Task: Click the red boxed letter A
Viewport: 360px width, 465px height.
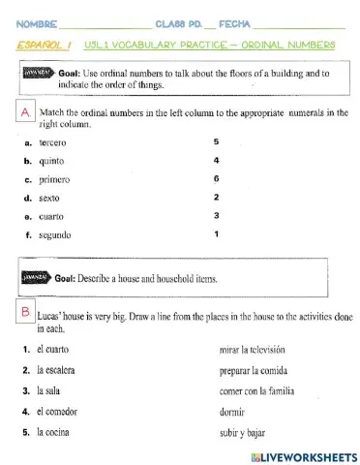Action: tap(25, 113)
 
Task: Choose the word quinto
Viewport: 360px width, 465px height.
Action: tap(51, 161)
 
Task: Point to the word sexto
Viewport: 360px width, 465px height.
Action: tap(50, 198)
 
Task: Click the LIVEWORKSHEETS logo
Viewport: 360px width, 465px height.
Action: tap(304, 455)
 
